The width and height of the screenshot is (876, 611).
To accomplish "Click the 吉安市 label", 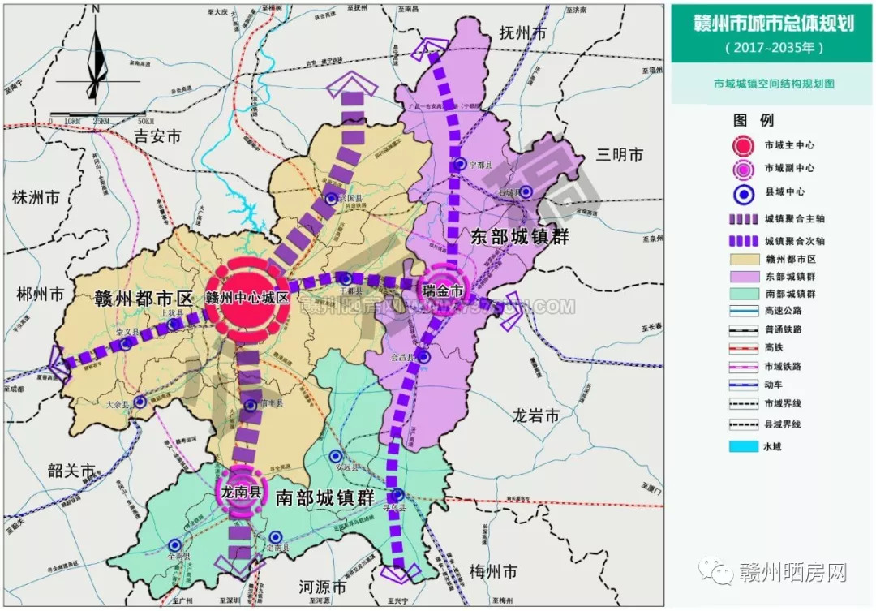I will coord(157,136).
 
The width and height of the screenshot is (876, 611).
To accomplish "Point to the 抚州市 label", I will coord(524,33).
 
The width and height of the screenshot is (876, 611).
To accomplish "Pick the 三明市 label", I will coord(619,154).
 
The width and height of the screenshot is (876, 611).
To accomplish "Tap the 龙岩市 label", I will coord(535,416).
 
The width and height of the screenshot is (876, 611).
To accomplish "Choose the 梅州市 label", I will coord(493,571).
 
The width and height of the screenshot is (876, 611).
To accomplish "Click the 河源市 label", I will coord(322,586).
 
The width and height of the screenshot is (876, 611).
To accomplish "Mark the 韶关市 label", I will coord(72,471).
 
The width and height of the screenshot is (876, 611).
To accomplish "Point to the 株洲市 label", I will coord(36,197).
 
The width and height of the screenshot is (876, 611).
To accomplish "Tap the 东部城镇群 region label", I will coord(520,237).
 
